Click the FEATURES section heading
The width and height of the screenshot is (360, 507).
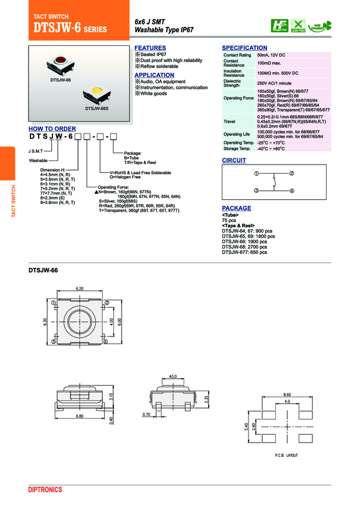150,48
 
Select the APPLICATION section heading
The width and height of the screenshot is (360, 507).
154,75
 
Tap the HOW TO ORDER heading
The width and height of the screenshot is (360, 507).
52,129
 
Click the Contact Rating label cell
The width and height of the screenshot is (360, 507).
237,55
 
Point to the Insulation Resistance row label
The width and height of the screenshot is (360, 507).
234,73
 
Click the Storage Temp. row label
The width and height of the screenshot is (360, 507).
237,148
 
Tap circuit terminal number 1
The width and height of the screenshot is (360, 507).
256,174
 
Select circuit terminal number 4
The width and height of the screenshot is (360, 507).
292,190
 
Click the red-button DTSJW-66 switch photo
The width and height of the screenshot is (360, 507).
60,63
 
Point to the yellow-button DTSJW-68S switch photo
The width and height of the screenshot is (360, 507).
95,93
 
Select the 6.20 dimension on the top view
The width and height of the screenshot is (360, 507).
80,289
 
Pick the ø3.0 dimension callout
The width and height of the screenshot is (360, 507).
173,376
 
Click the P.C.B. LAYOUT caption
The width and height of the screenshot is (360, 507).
286,455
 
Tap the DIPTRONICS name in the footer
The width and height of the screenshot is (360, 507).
45,490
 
